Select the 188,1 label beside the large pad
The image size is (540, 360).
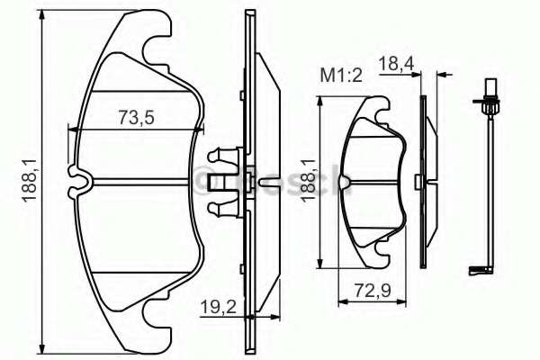pyautogui.click(x=30, y=179)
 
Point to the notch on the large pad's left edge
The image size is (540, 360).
pyautogui.click(x=78, y=180)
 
